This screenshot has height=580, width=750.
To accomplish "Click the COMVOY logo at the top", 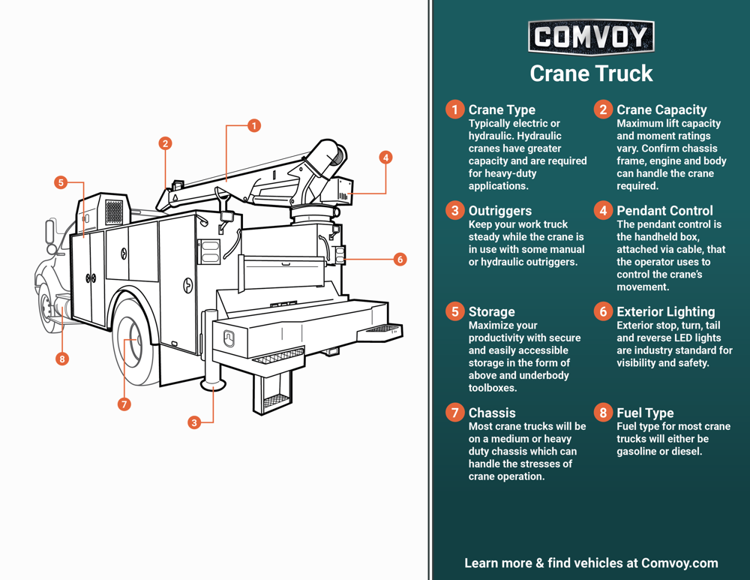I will click(591, 37).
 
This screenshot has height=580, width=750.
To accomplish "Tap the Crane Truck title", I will click(591, 74).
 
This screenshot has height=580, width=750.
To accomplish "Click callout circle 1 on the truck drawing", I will click(254, 125).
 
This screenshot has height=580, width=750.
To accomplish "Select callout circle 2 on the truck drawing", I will click(165, 143).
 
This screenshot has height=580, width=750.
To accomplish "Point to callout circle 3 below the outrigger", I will click(194, 422).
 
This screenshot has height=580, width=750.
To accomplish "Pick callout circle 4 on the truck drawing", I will click(385, 158).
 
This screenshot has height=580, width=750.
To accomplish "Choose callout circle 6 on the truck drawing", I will click(400, 259).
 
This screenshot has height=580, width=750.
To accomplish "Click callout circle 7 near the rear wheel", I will click(124, 404).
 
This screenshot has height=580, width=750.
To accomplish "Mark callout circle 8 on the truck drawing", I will click(62, 359).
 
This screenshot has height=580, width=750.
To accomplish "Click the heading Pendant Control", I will click(664, 211).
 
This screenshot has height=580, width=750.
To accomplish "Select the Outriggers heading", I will click(500, 211).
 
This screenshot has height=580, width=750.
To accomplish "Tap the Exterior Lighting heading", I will click(665, 311).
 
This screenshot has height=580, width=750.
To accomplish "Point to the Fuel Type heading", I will click(645, 413).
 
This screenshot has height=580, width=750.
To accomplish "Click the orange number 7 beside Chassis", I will click(454, 413).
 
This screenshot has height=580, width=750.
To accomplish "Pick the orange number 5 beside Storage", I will click(454, 311).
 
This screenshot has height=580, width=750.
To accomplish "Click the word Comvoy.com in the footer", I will click(679, 563).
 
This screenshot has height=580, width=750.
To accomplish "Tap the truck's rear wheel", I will click(137, 342).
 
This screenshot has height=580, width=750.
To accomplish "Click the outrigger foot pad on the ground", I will click(213, 386).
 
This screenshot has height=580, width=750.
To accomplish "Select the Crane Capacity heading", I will click(661, 110).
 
